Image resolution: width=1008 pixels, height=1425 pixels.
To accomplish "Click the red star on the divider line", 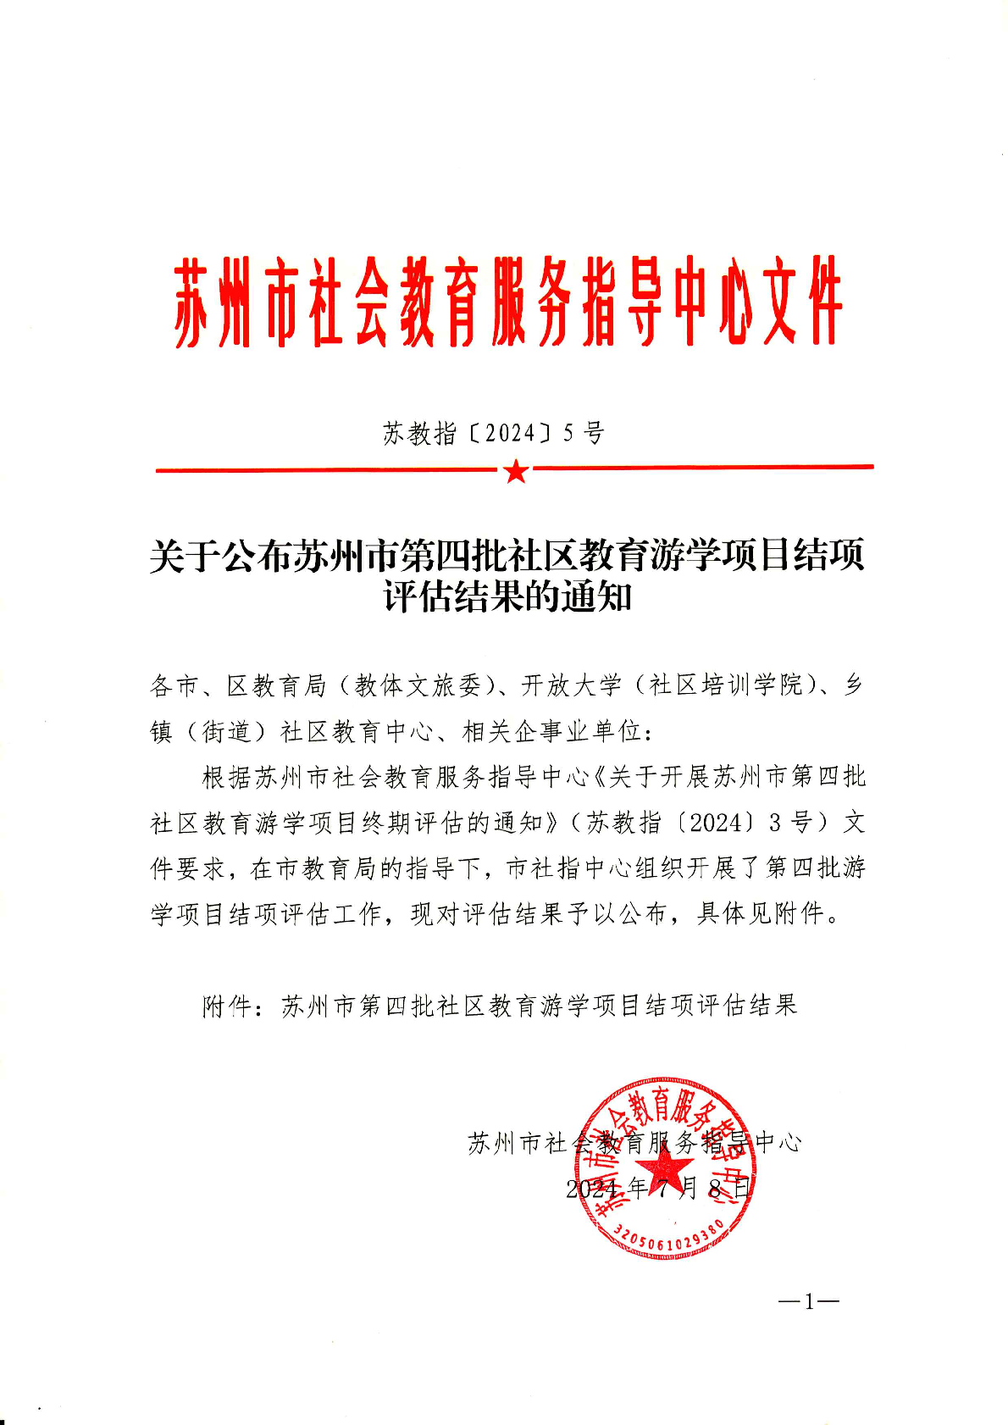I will [515, 471].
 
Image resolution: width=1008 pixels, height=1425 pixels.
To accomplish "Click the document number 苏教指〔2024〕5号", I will [493, 434].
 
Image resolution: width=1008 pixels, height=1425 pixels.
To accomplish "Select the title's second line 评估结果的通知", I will [507, 597].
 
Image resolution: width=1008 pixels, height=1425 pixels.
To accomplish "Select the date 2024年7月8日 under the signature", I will [658, 1188].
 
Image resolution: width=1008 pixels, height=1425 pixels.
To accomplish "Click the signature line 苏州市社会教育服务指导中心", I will [634, 1143].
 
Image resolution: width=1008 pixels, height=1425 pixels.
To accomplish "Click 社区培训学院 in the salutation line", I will [725, 685].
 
